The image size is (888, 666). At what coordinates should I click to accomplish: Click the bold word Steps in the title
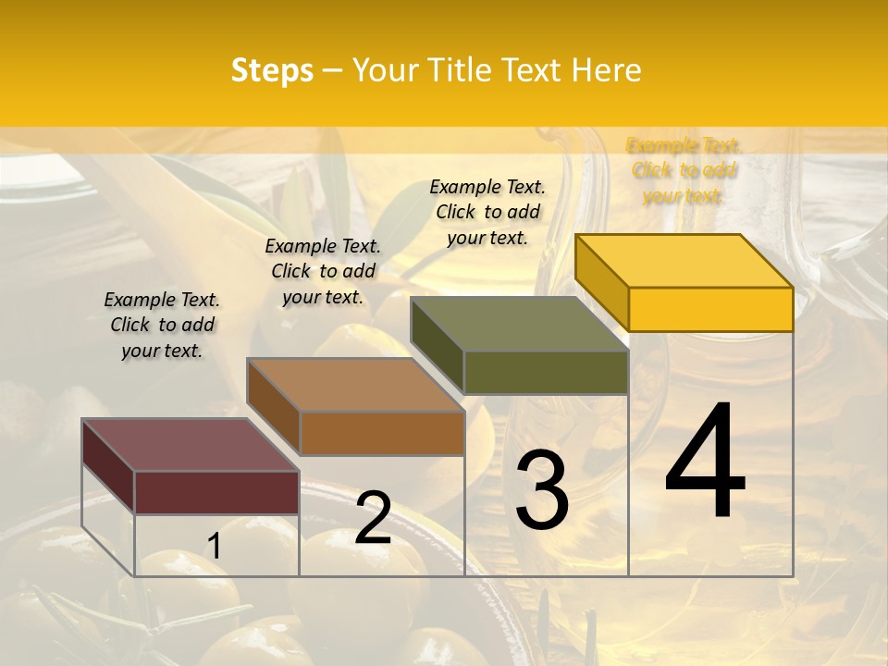click(x=272, y=70)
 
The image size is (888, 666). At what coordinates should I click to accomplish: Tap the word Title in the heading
click(x=462, y=70)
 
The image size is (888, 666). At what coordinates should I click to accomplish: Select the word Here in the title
click(x=607, y=70)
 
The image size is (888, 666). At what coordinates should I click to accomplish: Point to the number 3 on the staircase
click(x=542, y=489)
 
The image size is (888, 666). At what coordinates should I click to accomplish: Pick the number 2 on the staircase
click(x=374, y=518)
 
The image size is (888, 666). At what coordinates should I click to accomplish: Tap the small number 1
click(x=215, y=547)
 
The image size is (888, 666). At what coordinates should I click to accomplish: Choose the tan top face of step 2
click(x=355, y=385)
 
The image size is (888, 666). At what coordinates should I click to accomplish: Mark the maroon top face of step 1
click(x=191, y=445)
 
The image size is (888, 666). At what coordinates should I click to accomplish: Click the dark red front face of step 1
click(x=216, y=492)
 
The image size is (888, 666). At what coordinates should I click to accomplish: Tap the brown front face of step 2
click(x=381, y=433)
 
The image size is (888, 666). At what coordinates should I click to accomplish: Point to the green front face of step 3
click(x=546, y=373)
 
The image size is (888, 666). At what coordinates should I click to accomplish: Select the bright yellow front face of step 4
click(x=710, y=309)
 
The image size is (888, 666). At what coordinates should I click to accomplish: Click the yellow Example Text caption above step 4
click(x=684, y=170)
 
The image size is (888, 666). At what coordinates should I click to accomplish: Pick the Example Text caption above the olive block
click(x=487, y=212)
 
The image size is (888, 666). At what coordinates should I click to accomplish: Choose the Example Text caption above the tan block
click(x=323, y=271)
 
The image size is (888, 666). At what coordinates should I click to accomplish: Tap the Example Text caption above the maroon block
click(x=162, y=325)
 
